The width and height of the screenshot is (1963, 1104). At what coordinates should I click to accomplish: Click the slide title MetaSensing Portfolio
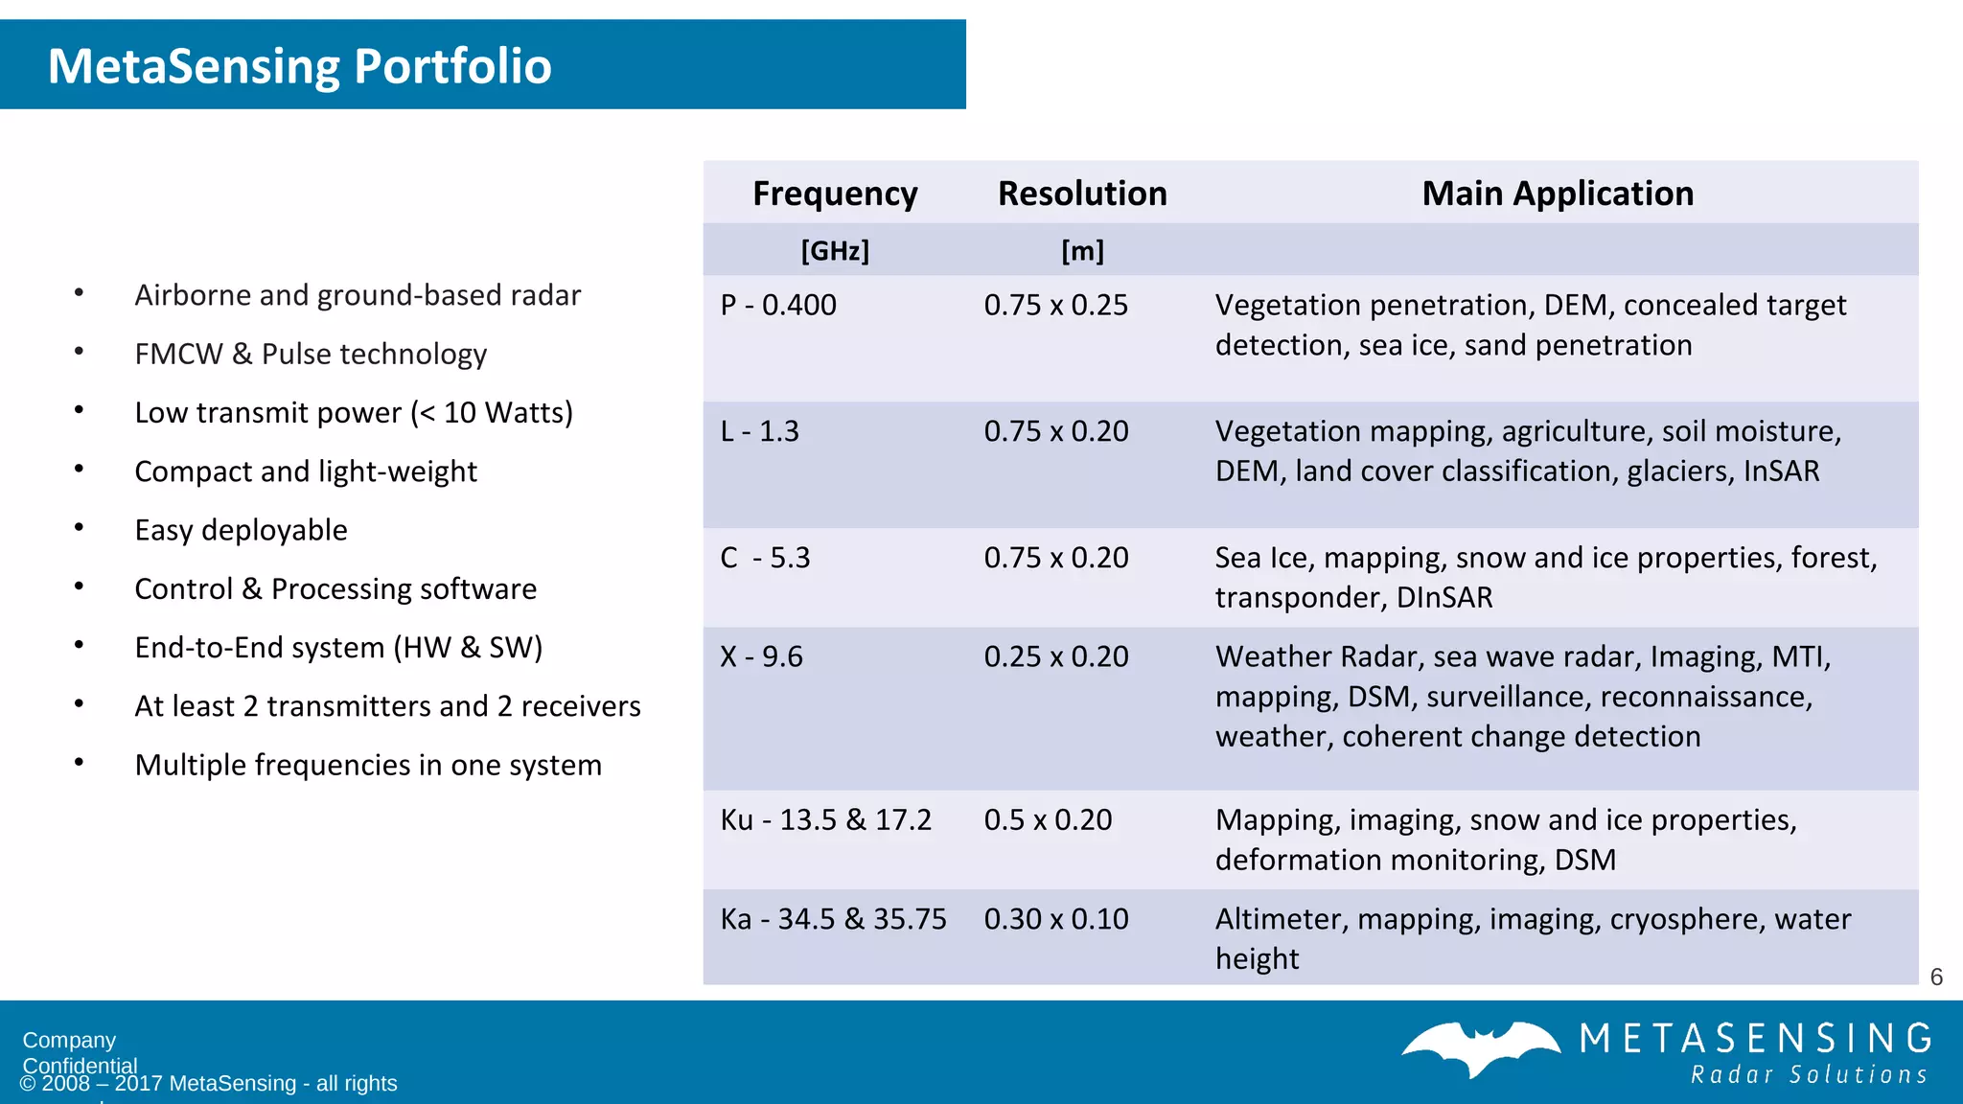tap(299, 66)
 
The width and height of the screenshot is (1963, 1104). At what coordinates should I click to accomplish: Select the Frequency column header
tap(835, 194)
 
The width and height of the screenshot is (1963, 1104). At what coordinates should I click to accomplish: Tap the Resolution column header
tap(1082, 194)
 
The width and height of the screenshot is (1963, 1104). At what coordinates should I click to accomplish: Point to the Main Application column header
tap(1558, 194)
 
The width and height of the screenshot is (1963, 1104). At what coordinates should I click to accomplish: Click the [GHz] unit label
tap(835, 251)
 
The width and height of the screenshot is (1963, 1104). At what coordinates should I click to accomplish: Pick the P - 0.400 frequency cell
tap(778, 305)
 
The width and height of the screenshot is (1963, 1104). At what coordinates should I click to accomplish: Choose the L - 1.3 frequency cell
tap(759, 431)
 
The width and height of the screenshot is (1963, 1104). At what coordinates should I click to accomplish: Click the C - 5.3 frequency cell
tap(765, 558)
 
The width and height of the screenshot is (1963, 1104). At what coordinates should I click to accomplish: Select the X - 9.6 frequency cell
tap(761, 656)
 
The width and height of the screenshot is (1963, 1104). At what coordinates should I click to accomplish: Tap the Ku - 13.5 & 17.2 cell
tap(825, 820)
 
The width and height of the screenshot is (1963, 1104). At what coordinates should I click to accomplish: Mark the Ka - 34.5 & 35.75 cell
tap(833, 919)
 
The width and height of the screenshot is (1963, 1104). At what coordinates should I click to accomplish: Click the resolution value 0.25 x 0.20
tap(1056, 656)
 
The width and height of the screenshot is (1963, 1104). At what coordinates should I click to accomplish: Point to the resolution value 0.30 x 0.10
tap(1056, 919)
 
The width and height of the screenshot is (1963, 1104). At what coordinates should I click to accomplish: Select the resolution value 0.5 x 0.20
tap(1048, 820)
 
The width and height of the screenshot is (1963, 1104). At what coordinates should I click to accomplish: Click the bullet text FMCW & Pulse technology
tap(311, 354)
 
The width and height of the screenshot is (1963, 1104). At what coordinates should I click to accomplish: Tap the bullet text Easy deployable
tap(241, 530)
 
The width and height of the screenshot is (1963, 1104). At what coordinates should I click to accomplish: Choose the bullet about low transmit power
tap(354, 412)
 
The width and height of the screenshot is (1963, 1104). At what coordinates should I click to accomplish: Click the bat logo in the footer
tap(1481, 1048)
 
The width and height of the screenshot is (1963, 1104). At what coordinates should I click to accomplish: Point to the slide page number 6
tap(1936, 977)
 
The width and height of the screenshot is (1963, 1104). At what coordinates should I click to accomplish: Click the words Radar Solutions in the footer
tap(1809, 1075)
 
